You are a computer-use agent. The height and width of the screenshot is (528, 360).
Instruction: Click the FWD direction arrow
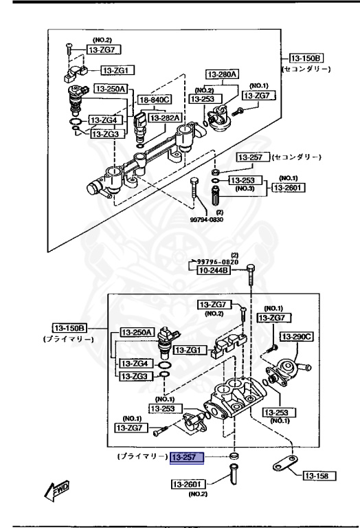(x=52, y=489)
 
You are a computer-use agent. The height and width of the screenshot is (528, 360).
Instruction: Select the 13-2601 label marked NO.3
(x=288, y=187)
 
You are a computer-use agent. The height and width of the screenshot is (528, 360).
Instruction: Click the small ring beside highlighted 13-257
(x=234, y=456)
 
